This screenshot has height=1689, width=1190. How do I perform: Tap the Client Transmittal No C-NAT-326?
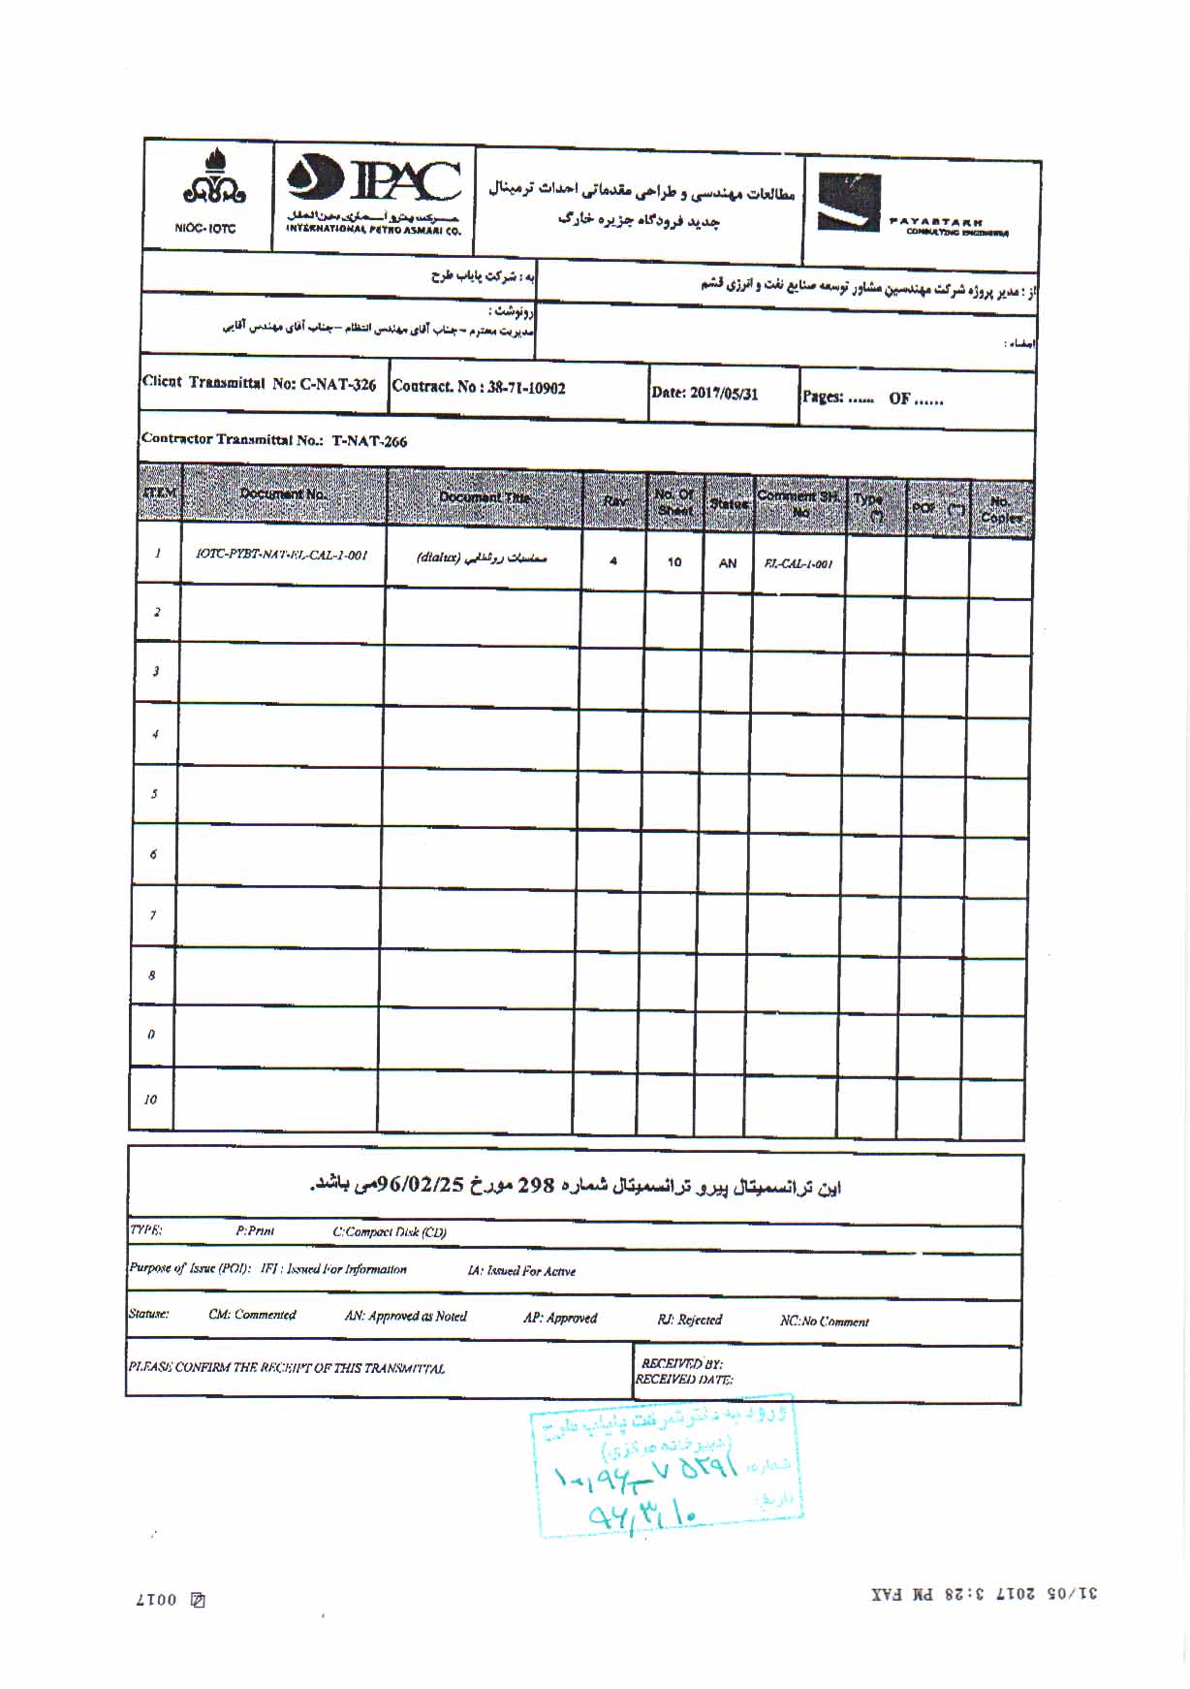pos(259,383)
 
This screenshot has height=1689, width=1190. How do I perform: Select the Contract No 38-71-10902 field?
pos(479,388)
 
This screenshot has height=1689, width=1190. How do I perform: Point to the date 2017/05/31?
pos(705,394)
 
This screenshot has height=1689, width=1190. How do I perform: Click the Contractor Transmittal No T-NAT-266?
pos(274,440)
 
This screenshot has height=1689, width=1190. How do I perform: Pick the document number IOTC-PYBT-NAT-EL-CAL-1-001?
pos(281,556)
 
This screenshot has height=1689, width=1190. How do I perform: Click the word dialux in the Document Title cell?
pos(437,558)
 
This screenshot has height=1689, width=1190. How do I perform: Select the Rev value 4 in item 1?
pos(612,560)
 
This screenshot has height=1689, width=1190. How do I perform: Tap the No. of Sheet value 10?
pos(674,562)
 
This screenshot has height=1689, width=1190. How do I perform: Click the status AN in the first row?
pos(727,563)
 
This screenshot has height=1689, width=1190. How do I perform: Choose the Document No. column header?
pos(284,494)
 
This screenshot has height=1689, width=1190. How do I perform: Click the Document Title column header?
pos(485,498)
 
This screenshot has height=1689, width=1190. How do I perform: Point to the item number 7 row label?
pos(152,915)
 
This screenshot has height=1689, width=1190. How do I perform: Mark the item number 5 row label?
pos(154,794)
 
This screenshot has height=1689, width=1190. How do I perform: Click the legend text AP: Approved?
pos(560,1319)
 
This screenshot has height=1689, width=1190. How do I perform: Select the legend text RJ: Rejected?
pos(689,1320)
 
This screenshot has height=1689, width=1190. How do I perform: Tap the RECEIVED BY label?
pos(681,1364)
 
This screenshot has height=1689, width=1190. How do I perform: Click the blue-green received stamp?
pos(666,1468)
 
